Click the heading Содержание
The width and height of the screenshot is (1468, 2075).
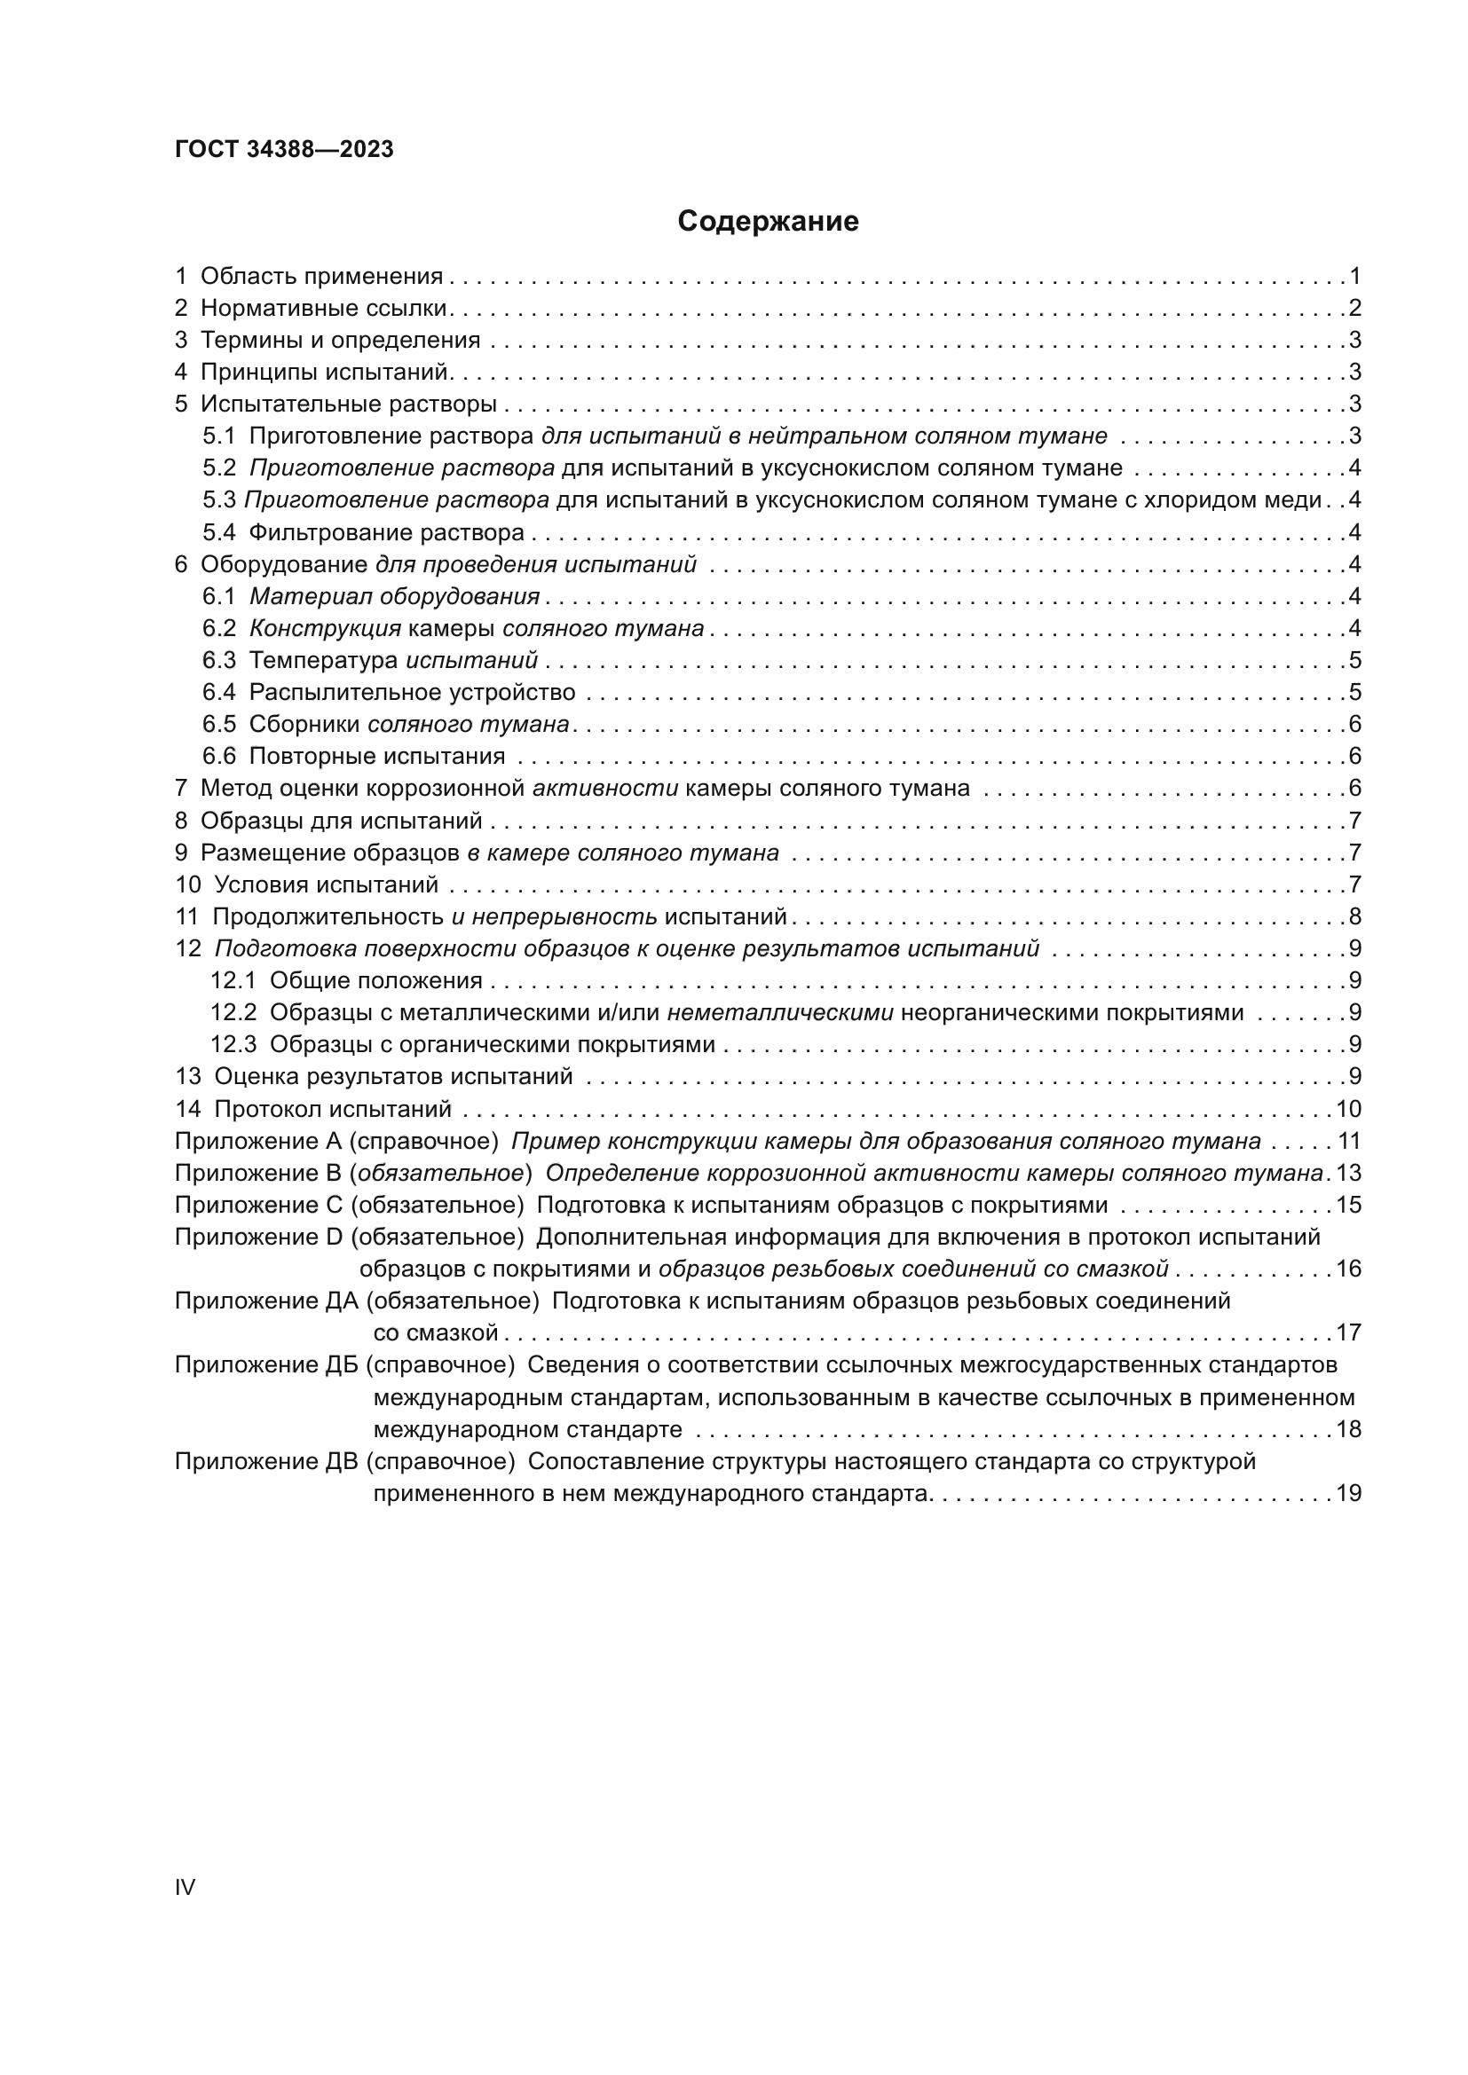pos(768,222)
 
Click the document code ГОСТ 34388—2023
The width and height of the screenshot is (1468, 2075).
pos(284,150)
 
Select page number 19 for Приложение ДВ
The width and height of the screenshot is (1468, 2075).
pos(1348,1494)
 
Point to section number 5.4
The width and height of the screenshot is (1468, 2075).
pos(218,532)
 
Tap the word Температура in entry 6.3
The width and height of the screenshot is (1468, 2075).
pos(323,661)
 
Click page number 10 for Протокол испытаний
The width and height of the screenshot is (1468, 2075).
pos(1348,1109)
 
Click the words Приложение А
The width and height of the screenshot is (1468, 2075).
pos(255,1142)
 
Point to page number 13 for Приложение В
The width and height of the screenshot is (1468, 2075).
pos(1348,1173)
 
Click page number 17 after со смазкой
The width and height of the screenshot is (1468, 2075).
pos(1348,1332)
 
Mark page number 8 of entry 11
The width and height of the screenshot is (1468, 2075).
pos(1354,916)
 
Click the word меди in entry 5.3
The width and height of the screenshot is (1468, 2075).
pos(1296,499)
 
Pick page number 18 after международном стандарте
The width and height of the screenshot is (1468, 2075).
pos(1348,1430)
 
